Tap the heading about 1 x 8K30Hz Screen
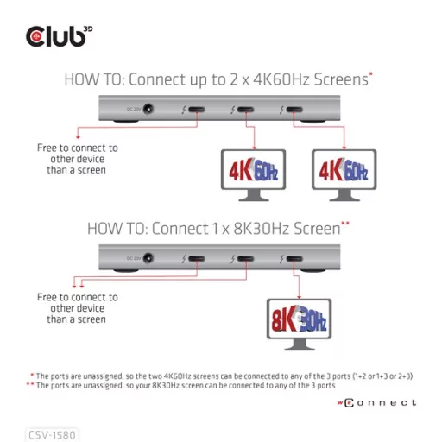pyautogui.click(x=218, y=229)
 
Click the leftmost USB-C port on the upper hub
pyautogui.click(x=196, y=111)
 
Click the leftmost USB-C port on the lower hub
pyautogui.click(x=196, y=259)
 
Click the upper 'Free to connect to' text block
pyautogui.click(x=78, y=159)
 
